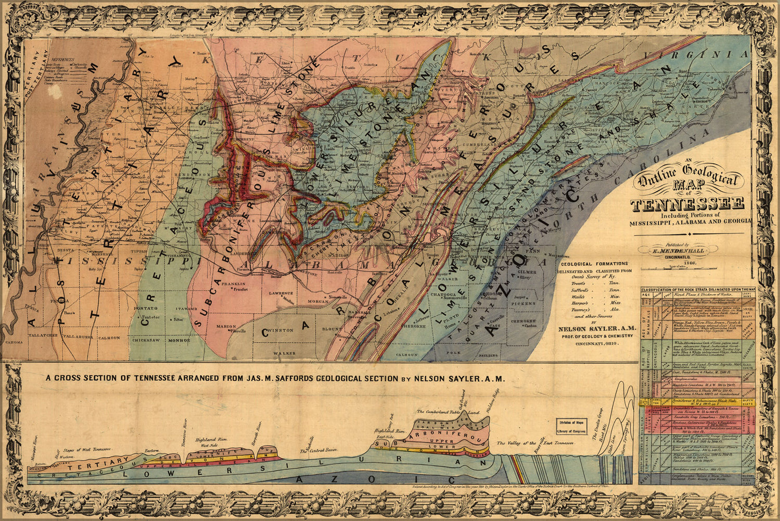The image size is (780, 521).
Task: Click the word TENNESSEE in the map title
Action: pos(687,205)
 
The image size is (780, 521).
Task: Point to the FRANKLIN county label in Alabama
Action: pos(229,284)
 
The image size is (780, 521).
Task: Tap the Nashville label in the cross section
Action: pos(309,443)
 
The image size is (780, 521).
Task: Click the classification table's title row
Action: pos(697,289)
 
